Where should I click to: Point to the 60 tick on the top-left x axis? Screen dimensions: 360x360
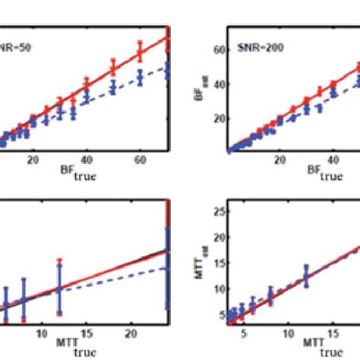click(140, 161)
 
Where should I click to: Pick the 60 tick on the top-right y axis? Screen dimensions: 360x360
click(216, 49)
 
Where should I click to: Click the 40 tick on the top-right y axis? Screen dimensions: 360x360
click(216, 84)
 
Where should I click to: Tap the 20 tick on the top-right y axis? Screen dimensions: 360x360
click(216, 118)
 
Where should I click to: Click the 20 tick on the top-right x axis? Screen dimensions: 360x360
click(280, 161)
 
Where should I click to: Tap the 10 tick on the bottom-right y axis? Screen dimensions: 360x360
click(216, 289)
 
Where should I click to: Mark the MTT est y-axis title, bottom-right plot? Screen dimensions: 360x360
click(201, 262)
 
